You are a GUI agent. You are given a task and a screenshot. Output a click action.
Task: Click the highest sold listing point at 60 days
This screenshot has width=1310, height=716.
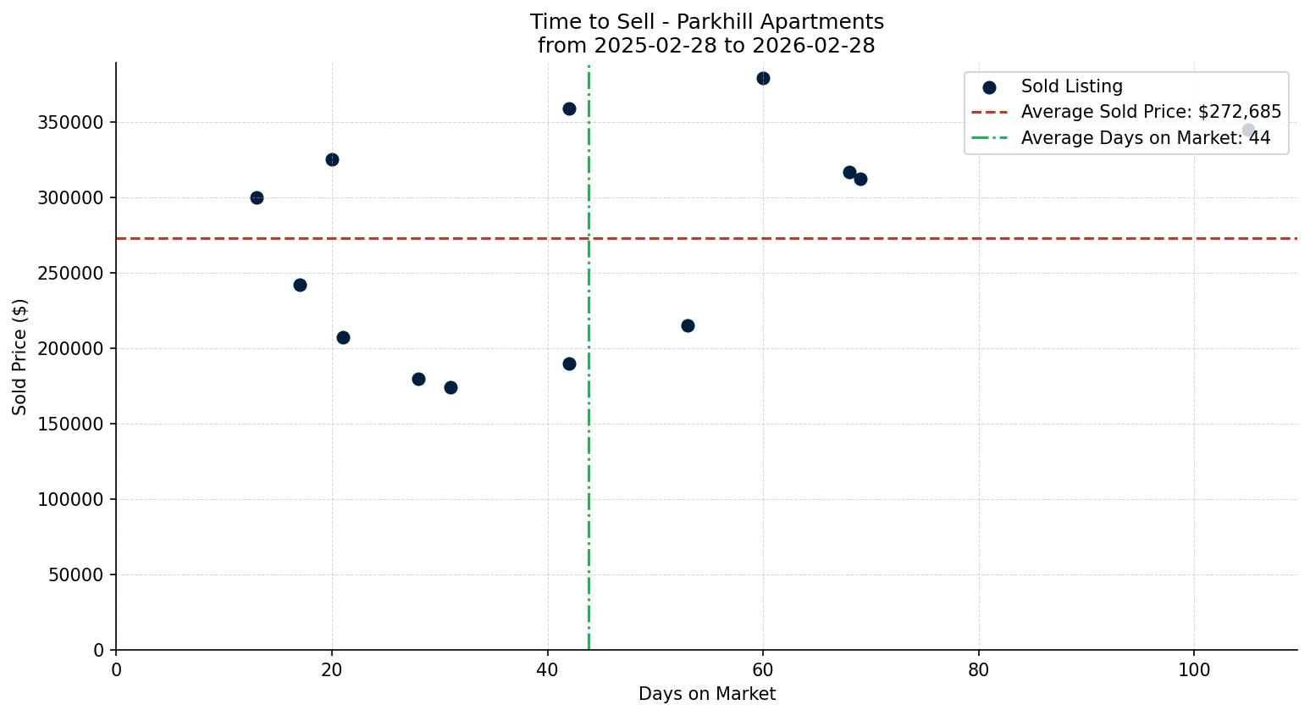763,79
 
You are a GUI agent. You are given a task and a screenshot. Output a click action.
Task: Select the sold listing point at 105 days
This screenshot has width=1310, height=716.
1248,130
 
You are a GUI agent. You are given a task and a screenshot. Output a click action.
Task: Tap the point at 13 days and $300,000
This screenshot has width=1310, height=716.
257,197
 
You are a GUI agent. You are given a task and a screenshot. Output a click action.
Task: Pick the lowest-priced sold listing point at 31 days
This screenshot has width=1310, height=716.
450,387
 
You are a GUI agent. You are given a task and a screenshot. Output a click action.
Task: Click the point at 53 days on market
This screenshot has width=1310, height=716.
688,325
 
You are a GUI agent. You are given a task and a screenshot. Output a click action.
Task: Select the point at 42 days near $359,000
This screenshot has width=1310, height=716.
569,108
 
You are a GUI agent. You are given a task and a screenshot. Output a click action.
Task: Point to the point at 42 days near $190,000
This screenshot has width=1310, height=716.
569,364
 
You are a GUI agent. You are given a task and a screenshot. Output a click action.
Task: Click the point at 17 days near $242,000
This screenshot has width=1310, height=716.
300,285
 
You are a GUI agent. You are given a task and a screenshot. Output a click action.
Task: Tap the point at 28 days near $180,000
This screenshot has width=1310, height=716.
418,379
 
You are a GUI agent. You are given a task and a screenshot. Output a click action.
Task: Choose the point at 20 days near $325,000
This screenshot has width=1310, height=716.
332,159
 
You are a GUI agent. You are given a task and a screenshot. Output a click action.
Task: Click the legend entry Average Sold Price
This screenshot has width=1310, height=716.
1150,112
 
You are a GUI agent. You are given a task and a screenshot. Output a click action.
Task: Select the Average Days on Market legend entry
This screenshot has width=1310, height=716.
1145,138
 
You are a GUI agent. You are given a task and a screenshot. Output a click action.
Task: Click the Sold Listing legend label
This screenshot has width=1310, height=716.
1071,86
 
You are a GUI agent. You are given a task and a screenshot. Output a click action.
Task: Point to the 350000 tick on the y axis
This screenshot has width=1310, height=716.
71,122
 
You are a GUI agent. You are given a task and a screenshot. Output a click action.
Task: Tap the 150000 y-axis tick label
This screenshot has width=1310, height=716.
71,424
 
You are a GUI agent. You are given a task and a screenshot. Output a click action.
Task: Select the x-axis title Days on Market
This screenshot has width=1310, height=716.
706,694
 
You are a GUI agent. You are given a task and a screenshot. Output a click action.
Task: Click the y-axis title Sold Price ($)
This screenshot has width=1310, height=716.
19,357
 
